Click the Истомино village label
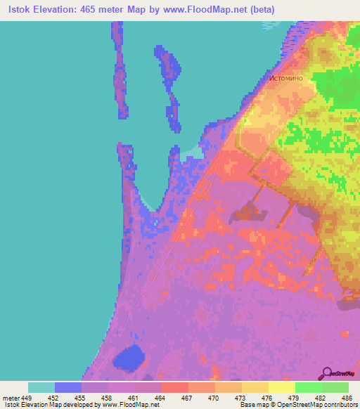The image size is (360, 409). click(285, 78)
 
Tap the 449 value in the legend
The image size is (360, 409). click(27, 396)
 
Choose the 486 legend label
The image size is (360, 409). click(345, 396)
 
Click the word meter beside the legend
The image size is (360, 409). click(11, 396)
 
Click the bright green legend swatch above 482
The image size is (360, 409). click(309, 387)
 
